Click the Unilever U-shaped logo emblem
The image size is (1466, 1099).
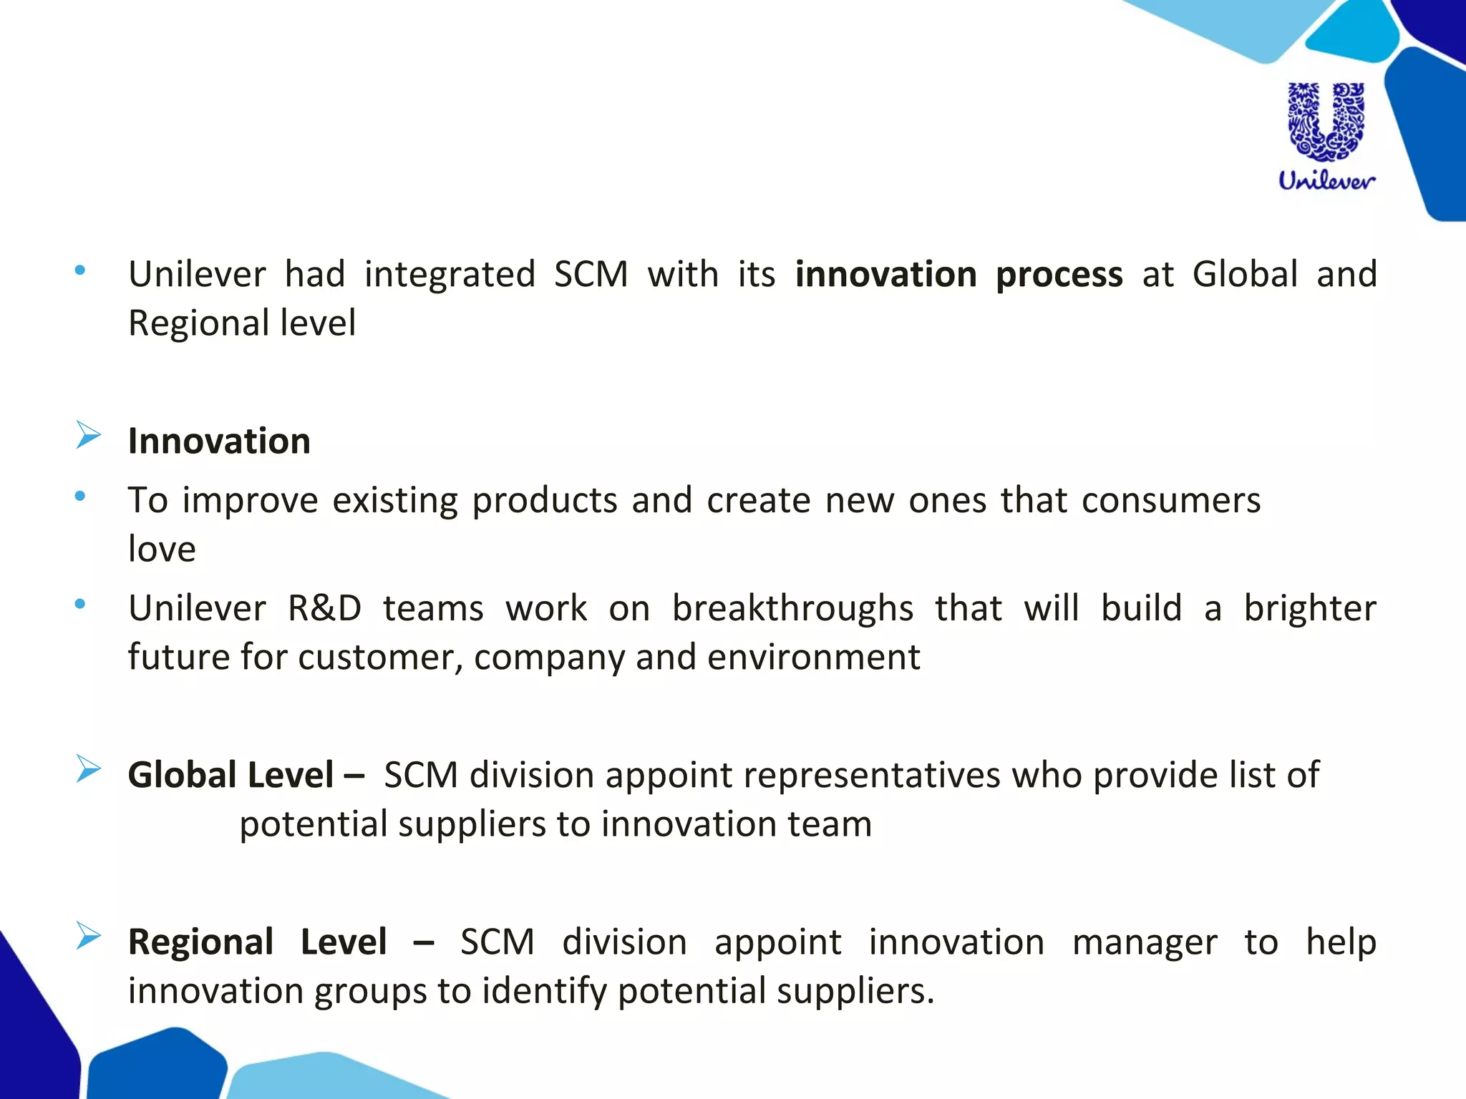tap(1326, 121)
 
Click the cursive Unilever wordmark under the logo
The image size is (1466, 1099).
tap(1326, 180)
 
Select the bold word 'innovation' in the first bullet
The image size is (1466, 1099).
tap(885, 275)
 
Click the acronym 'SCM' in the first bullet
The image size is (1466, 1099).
tap(591, 275)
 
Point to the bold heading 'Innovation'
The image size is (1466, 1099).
tap(219, 441)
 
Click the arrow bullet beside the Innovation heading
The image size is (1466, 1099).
tap(88, 435)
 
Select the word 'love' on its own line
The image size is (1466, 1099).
tap(162, 549)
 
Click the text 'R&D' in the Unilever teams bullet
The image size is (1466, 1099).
tap(324, 609)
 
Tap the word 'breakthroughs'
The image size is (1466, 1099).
tap(792, 609)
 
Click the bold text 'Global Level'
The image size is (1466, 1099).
tap(230, 775)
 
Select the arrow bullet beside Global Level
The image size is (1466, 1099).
tap(88, 769)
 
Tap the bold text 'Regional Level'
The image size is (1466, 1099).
tap(258, 942)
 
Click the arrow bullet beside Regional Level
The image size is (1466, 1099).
tap(88, 936)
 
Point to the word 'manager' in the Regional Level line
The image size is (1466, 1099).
tap(1144, 942)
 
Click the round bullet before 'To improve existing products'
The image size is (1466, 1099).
tap(80, 495)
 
